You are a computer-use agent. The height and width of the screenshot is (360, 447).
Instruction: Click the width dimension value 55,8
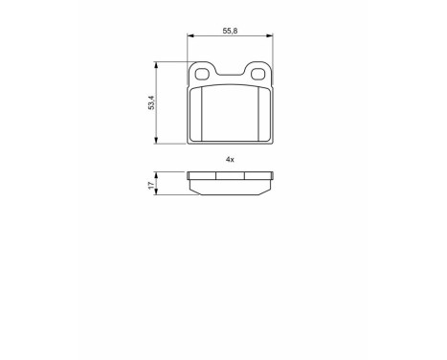[229, 31]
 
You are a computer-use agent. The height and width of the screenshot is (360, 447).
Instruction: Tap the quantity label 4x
[230, 158]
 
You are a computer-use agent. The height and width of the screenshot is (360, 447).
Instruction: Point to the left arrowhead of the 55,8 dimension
[190, 37]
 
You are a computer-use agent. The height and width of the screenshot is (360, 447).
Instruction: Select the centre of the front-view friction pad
[230, 113]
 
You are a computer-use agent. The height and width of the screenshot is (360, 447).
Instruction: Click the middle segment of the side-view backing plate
[230, 176]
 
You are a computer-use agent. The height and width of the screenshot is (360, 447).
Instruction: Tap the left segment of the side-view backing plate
[202, 176]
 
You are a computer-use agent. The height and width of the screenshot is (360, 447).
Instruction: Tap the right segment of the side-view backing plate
[257, 176]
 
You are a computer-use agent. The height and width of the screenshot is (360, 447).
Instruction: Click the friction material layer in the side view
[230, 188]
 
